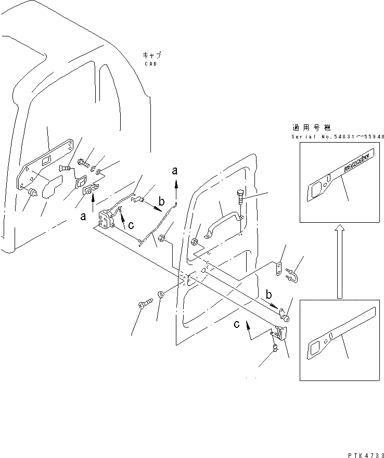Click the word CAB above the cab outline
150,63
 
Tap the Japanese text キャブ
151,55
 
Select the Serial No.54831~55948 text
338,137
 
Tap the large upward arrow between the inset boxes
339,261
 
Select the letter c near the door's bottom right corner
237,325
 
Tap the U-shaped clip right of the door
291,271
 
